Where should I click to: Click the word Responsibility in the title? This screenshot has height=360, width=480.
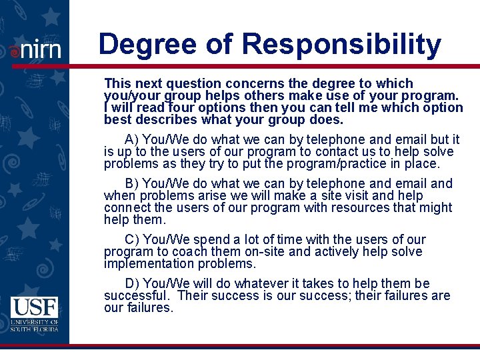click(341, 45)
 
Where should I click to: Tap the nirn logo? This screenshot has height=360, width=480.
click(36, 49)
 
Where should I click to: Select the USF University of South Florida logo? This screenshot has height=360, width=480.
click(35, 314)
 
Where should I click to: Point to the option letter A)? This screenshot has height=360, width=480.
click(132, 139)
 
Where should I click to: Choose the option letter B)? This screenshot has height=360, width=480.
click(132, 183)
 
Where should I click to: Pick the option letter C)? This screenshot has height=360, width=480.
click(132, 239)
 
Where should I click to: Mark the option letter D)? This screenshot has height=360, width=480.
click(132, 283)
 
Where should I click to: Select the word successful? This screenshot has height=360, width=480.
click(136, 295)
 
